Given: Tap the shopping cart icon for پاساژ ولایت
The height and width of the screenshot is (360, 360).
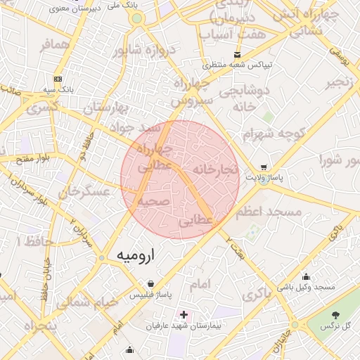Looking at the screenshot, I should coord(264,167).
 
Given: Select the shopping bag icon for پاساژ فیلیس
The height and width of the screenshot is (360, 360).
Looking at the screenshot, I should coord(151,284).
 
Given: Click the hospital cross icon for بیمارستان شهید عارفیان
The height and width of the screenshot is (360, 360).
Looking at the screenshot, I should coord(184,314).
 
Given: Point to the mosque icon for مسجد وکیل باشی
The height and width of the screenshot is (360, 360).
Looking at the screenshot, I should coord(306,276).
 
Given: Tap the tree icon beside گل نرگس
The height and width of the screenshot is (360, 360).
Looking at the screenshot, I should coord(333,314).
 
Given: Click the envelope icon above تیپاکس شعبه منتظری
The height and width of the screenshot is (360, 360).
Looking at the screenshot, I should coord(237,55).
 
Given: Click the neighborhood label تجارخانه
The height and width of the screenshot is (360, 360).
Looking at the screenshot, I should coord(217,170).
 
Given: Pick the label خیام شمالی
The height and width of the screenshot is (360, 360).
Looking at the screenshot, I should coord(77,302).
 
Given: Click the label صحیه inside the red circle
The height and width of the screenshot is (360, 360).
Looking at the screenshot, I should coord(153,201).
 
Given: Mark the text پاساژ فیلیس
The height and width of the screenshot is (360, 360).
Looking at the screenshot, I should coord(151,296).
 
